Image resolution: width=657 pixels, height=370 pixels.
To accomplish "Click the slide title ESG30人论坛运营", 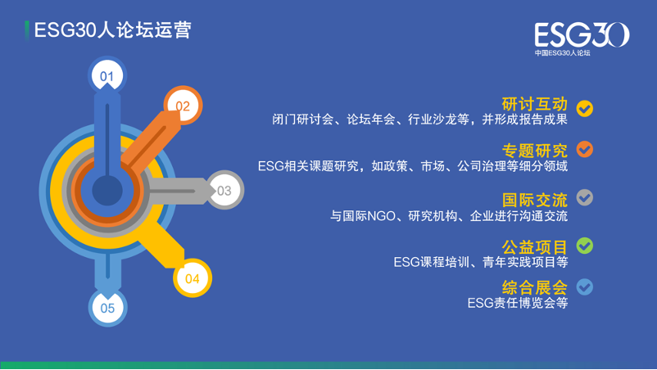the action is pos(112,30).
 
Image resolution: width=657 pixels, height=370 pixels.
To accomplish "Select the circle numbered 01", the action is pos(107,75).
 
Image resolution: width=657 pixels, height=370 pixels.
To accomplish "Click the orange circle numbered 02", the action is pos(184,106).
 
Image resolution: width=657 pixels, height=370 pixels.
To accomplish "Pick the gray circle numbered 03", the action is pos(224,190).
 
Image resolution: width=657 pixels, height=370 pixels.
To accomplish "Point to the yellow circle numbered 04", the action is pos(193,278).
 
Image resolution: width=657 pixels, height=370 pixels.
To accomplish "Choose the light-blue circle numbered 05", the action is pos(107,308).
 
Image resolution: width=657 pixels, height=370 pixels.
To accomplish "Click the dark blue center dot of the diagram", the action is pos(107,191).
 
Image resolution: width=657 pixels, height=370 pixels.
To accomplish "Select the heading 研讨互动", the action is pos(535,104).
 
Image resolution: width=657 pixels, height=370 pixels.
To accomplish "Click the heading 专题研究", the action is pos(535,151).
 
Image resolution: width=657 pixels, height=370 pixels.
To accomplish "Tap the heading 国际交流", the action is pos(535,200).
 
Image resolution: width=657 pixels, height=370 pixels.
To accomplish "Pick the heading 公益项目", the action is pos(535,247).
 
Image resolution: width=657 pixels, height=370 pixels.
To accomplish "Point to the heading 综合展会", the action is pos(535,287).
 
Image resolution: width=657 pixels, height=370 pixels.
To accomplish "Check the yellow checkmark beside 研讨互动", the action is pos(585,108).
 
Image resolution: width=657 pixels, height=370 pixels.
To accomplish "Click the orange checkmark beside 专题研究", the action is pos(585,149).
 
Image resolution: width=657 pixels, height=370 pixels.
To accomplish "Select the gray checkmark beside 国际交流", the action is pos(585,197).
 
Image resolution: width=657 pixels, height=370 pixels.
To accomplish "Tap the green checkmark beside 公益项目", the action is pos(585,246).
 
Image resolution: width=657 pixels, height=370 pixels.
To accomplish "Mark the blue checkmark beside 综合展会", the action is pos(585,287).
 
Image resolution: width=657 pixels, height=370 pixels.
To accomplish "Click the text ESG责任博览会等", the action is pos(518,303).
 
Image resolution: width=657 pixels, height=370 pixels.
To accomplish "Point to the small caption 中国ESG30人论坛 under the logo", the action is pos(562,53).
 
